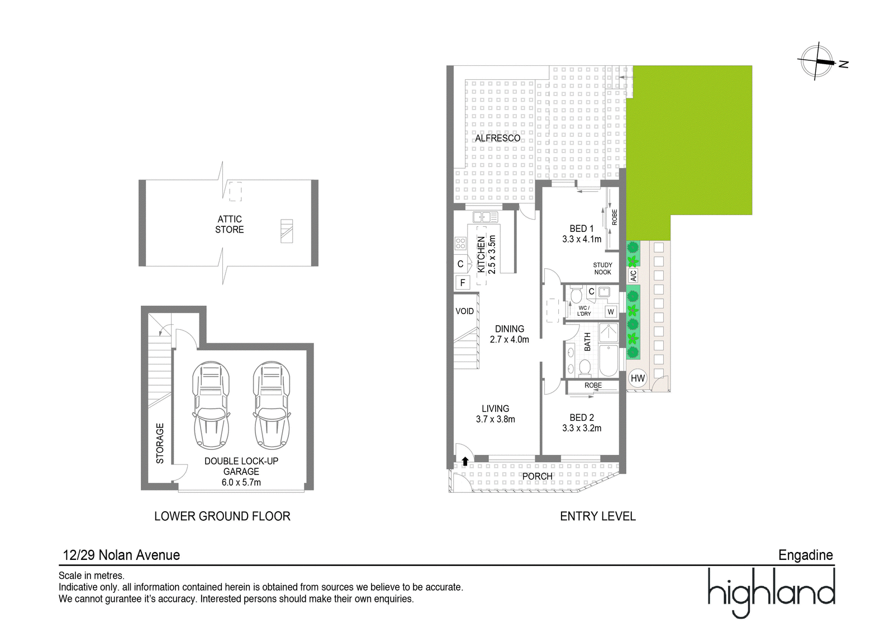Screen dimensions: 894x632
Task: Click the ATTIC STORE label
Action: (230, 225)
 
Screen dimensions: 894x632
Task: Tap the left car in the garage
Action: (211, 405)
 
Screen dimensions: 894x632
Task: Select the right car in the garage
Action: (272, 405)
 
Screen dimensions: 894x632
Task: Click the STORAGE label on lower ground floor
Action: (160, 443)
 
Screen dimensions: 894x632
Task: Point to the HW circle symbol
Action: (638, 378)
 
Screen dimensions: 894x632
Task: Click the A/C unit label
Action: (633, 275)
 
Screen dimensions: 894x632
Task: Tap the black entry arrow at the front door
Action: (465, 461)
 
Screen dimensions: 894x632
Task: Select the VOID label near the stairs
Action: (464, 311)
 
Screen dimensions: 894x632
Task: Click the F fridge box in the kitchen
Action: (463, 283)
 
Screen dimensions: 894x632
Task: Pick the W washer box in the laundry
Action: (611, 312)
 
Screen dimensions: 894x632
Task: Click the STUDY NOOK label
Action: (603, 269)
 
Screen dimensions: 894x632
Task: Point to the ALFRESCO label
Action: (498, 138)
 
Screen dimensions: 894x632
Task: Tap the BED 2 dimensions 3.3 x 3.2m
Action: (582, 429)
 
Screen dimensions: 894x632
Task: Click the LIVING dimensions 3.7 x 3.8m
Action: (495, 419)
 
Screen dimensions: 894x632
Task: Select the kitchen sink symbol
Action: (486, 217)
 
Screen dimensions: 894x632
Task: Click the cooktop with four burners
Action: (460, 244)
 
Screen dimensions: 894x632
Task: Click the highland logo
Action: (771, 593)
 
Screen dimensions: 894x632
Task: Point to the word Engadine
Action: (805, 555)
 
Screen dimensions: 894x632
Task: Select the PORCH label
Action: (538, 476)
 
